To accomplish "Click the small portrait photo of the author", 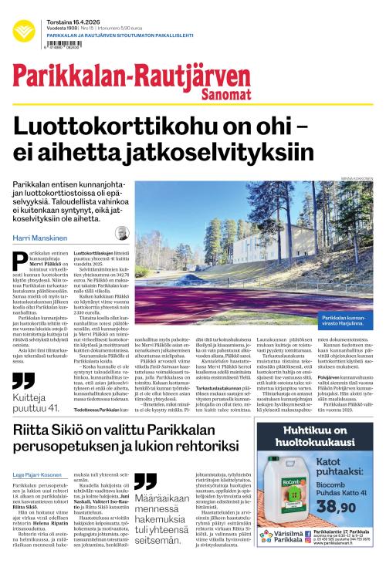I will (122, 234).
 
